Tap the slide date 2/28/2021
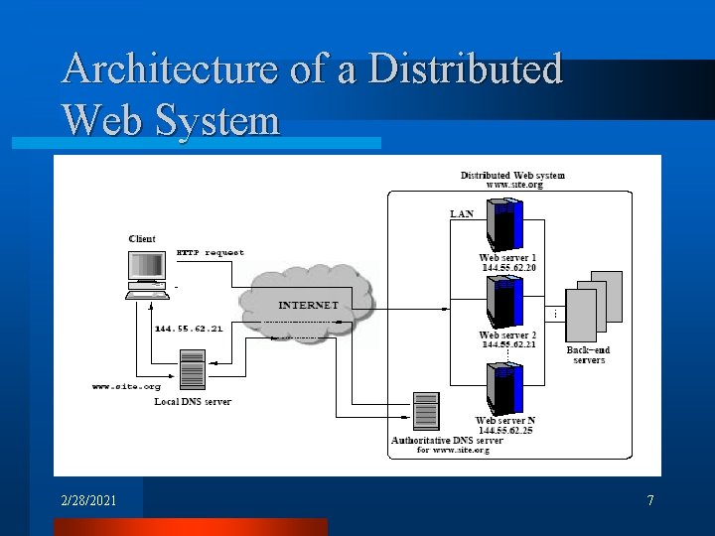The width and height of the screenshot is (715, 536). pos(88,500)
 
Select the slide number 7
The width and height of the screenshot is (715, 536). pos(650,500)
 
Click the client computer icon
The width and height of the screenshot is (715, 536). pos(146,274)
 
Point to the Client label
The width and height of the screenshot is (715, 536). pos(142,239)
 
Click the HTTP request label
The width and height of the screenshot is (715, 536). pos(210,252)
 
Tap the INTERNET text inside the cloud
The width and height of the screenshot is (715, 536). pos(308,305)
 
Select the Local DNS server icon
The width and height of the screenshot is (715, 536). pos(192,369)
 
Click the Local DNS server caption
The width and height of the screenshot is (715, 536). pos(193,401)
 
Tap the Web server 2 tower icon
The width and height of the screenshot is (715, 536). pos(504,302)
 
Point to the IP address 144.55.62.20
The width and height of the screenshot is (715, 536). pos(508,268)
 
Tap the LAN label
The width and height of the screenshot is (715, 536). pos(462,213)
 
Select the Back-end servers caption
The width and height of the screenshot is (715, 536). pos(589,355)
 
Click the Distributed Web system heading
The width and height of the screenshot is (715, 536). pos(512,176)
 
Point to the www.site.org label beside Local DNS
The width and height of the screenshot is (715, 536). pos(126,386)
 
